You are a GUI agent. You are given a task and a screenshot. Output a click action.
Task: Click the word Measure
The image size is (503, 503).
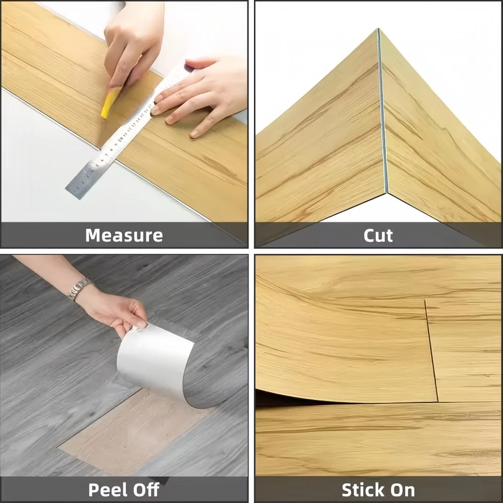(124, 235)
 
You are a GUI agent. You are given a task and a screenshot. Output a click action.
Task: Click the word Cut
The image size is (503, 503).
(378, 235)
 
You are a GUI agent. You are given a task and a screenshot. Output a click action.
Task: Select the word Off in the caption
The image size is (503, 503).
(146, 489)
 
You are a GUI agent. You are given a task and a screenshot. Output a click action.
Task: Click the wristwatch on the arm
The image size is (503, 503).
(78, 289)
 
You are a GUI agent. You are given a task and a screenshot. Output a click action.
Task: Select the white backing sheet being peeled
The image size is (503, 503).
(154, 359)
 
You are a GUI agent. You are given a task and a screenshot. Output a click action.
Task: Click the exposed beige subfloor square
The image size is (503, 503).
(135, 433)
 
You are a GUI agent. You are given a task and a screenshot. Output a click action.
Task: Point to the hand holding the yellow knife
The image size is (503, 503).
(131, 45)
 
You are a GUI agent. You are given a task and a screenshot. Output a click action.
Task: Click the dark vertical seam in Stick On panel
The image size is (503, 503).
(432, 351)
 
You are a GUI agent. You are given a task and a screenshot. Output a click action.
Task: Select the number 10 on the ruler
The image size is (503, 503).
(121, 139)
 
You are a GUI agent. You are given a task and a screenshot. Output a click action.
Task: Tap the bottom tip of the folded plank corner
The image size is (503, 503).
(386, 193)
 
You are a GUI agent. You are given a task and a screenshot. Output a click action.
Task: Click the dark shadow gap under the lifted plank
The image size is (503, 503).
(321, 398)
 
